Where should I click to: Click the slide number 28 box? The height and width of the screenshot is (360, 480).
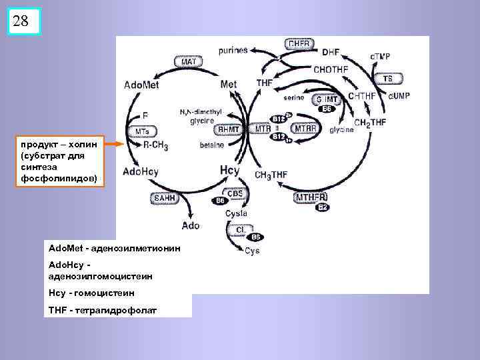pyautogui.click(x=21, y=21)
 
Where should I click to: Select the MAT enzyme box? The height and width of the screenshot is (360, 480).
pyautogui.click(x=189, y=61)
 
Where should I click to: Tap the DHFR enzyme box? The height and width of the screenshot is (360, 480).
pyautogui.click(x=300, y=44)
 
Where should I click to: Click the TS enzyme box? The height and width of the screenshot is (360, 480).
pyautogui.click(x=387, y=79)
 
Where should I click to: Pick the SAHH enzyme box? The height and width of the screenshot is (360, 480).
pyautogui.click(x=163, y=198)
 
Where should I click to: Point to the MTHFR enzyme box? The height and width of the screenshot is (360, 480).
pyautogui.click(x=311, y=197)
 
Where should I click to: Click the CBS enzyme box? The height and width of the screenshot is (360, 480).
pyautogui.click(x=235, y=193)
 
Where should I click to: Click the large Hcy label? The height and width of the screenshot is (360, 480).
pyautogui.click(x=229, y=171)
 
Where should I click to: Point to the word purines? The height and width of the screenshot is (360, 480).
pyautogui.click(x=233, y=50)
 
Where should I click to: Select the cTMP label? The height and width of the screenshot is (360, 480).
pyautogui.click(x=381, y=55)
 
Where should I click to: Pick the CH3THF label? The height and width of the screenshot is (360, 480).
pyautogui.click(x=271, y=175)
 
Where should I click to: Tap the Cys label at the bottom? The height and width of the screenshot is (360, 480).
pyautogui.click(x=252, y=251)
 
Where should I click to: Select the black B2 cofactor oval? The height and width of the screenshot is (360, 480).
pyautogui.click(x=323, y=207)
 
